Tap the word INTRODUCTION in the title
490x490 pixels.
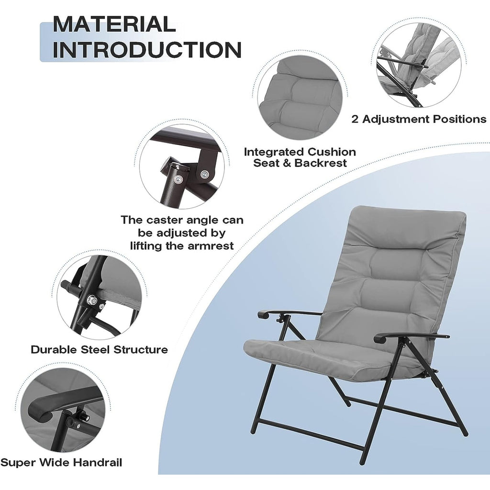(147, 50)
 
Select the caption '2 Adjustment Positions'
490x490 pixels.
(419, 119)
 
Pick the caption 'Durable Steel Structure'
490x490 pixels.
(99, 349)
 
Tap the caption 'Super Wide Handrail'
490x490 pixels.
(61, 462)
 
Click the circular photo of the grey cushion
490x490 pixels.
(300, 98)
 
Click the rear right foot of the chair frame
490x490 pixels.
(463, 432)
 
